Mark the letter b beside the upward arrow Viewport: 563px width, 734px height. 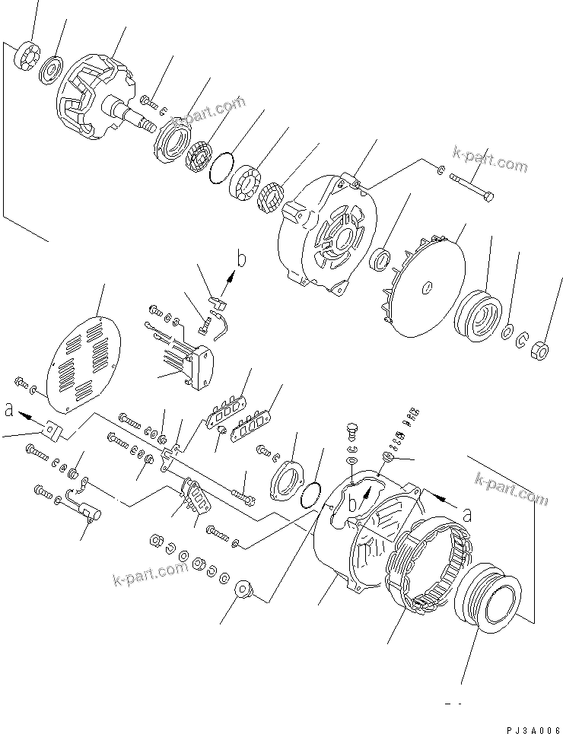click(242, 261)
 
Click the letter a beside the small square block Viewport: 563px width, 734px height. click(9, 411)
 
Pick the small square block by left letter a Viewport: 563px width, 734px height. click(52, 431)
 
